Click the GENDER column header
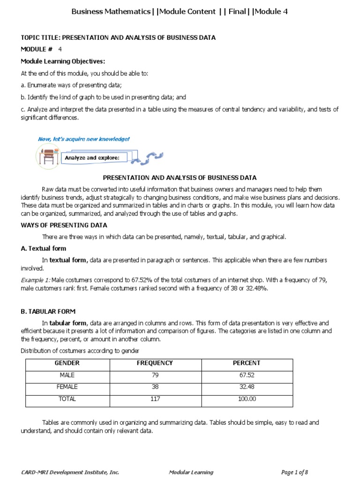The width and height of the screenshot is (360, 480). point(67,363)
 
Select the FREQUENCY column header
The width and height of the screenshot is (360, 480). point(155,363)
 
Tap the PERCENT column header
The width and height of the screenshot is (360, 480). point(247,363)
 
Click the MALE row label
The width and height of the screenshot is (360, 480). point(67,375)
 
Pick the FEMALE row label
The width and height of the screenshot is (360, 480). point(67,387)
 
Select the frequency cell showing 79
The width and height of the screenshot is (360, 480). point(155,375)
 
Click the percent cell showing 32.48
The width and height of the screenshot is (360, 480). point(247,387)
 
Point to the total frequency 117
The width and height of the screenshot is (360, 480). point(155,399)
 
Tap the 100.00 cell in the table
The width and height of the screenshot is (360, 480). point(247,399)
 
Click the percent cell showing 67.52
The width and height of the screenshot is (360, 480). point(247,375)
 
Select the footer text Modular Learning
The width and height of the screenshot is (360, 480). point(191,472)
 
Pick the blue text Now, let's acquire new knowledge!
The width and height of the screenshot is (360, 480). point(83,139)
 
